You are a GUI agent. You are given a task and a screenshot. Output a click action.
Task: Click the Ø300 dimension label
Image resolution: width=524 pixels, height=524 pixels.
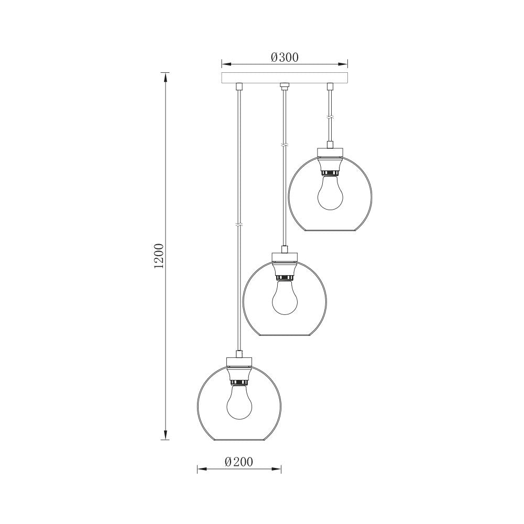(285, 58)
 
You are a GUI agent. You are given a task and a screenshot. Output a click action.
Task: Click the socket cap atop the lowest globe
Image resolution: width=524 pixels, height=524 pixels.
(239, 361)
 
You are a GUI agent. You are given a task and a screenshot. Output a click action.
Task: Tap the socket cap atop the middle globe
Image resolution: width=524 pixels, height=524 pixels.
(285, 256)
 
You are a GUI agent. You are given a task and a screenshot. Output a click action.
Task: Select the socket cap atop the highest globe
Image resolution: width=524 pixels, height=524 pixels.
(330, 152)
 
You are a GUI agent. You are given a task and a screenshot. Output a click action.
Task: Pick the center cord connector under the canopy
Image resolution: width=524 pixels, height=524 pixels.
(285, 85)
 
